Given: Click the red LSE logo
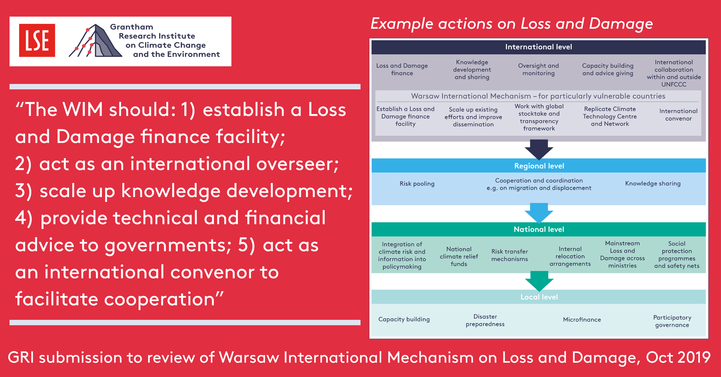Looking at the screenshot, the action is pyautogui.click(x=37, y=40).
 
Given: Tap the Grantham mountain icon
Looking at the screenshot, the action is pyautogui.click(x=95, y=40).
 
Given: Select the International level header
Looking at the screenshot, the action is pyautogui.click(x=538, y=47).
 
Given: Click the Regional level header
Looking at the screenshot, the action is pyautogui.click(x=539, y=166).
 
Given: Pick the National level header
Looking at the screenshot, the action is pyautogui.click(x=539, y=229).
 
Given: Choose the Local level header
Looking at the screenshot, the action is pyautogui.click(x=539, y=297).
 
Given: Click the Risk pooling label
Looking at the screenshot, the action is pyautogui.click(x=417, y=184).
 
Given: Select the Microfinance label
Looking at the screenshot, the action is pyautogui.click(x=582, y=320).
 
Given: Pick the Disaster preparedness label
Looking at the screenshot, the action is pyautogui.click(x=485, y=320).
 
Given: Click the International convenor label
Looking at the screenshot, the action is pyautogui.click(x=678, y=115).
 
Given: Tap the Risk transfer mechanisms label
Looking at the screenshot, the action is pyautogui.click(x=509, y=255).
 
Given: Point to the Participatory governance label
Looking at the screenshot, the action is pyautogui.click(x=672, y=321).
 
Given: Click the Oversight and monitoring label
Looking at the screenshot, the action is pyautogui.click(x=538, y=69).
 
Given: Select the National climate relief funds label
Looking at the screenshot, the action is pyautogui.click(x=459, y=256).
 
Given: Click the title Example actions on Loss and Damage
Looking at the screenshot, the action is pyautogui.click(x=511, y=24).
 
